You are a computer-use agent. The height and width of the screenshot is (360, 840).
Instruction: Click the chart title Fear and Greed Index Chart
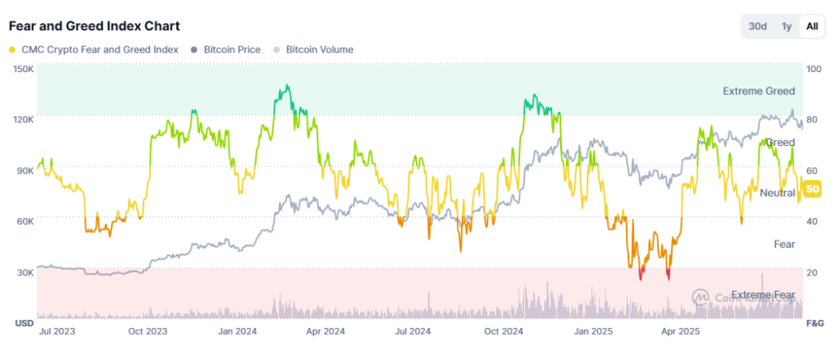[94, 26]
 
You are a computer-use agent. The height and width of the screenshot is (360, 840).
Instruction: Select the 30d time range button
[757, 26]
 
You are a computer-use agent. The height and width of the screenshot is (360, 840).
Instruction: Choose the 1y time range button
[787, 26]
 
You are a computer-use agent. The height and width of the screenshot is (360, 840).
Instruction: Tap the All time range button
[812, 26]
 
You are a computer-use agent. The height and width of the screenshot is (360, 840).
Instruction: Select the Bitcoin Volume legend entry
[318, 50]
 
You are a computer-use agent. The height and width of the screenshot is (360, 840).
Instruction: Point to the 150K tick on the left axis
[24, 69]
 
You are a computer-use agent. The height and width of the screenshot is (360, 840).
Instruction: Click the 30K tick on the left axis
[24, 272]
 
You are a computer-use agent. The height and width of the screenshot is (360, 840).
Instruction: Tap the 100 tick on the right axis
[814, 69]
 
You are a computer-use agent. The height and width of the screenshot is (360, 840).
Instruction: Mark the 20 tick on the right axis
[812, 272]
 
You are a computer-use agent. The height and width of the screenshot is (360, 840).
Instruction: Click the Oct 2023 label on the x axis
[148, 332]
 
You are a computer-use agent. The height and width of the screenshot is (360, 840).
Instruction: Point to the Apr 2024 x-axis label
[325, 332]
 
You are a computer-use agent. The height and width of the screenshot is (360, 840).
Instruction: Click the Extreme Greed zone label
[758, 91]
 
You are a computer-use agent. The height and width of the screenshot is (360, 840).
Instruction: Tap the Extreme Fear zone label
[763, 294]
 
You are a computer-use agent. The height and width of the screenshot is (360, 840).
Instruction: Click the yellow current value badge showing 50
[813, 189]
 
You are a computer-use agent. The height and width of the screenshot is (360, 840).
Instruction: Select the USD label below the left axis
[24, 322]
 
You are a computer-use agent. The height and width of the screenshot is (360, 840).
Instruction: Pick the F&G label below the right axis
[815, 322]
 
